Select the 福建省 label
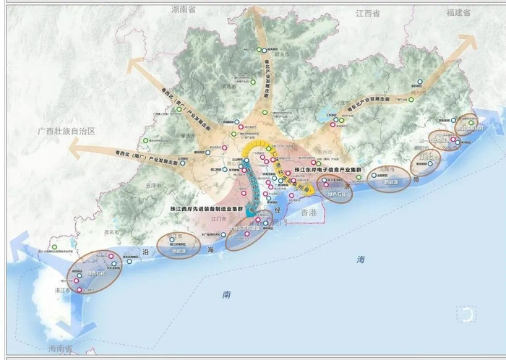click(x=458, y=13)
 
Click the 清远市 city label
click(x=231, y=93)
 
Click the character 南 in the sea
click(x=226, y=294)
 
